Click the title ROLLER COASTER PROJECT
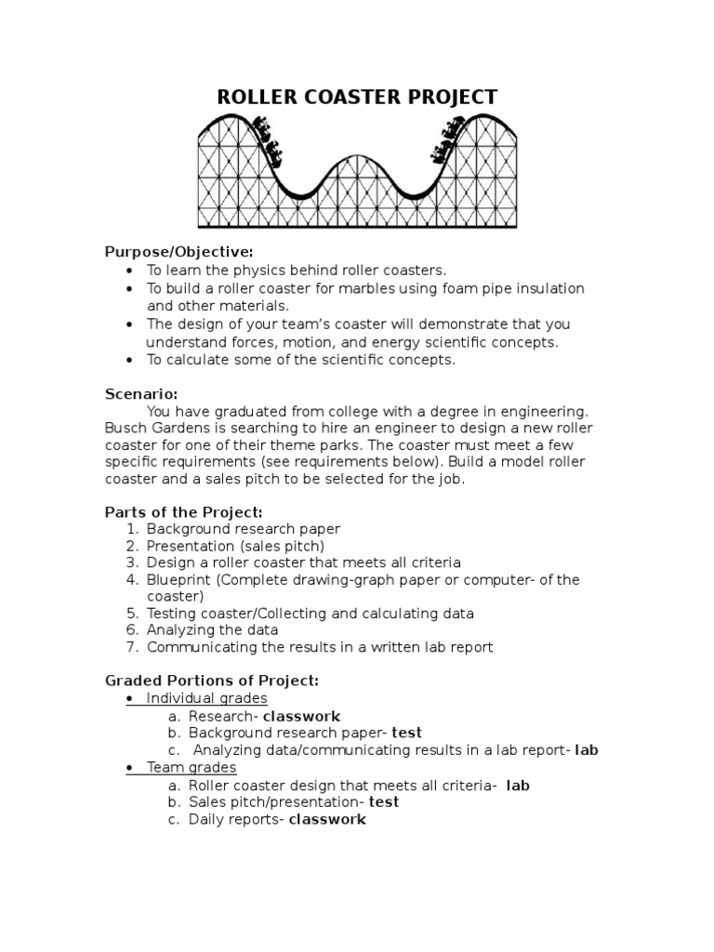pos(357,98)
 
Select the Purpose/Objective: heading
pos(178,252)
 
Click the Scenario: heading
pos(141,393)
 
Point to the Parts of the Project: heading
pos(184,511)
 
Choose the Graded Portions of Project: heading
pos(212,681)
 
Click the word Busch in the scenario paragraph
pos(126,428)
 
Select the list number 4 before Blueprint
pos(131,580)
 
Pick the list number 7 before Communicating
pos(131,648)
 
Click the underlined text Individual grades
pos(206,699)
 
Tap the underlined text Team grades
pos(192,768)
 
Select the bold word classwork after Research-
pos(301,717)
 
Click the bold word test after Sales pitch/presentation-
pos(383,802)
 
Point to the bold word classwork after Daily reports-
pos(327,820)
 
